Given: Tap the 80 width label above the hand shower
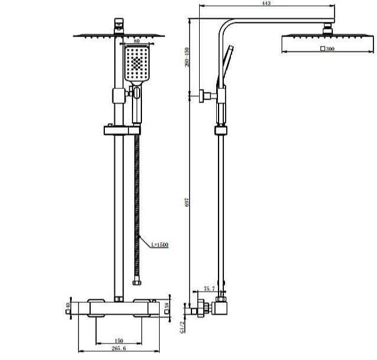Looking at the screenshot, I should point(137,41).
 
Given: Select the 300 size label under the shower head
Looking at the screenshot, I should point(329,49).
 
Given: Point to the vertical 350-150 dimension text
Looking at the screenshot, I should point(187,56).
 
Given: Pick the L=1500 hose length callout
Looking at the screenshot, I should point(159,243).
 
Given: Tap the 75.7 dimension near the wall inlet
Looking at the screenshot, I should point(210,288).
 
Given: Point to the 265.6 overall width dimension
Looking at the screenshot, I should point(120,351).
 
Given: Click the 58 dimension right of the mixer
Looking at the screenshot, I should point(168,306).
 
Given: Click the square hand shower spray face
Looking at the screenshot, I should point(137,63).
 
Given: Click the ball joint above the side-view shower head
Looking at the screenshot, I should point(328,28).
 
